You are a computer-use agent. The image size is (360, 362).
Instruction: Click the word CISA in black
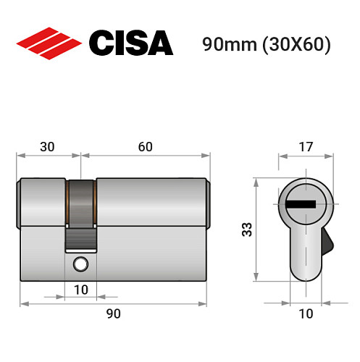click(x=130, y=43)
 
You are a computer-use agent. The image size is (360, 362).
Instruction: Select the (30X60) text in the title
click(x=297, y=44)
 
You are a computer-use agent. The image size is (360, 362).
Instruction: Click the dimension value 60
click(x=145, y=148)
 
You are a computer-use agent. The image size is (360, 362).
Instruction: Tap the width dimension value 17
click(x=306, y=148)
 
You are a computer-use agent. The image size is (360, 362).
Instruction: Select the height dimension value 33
click(x=246, y=230)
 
